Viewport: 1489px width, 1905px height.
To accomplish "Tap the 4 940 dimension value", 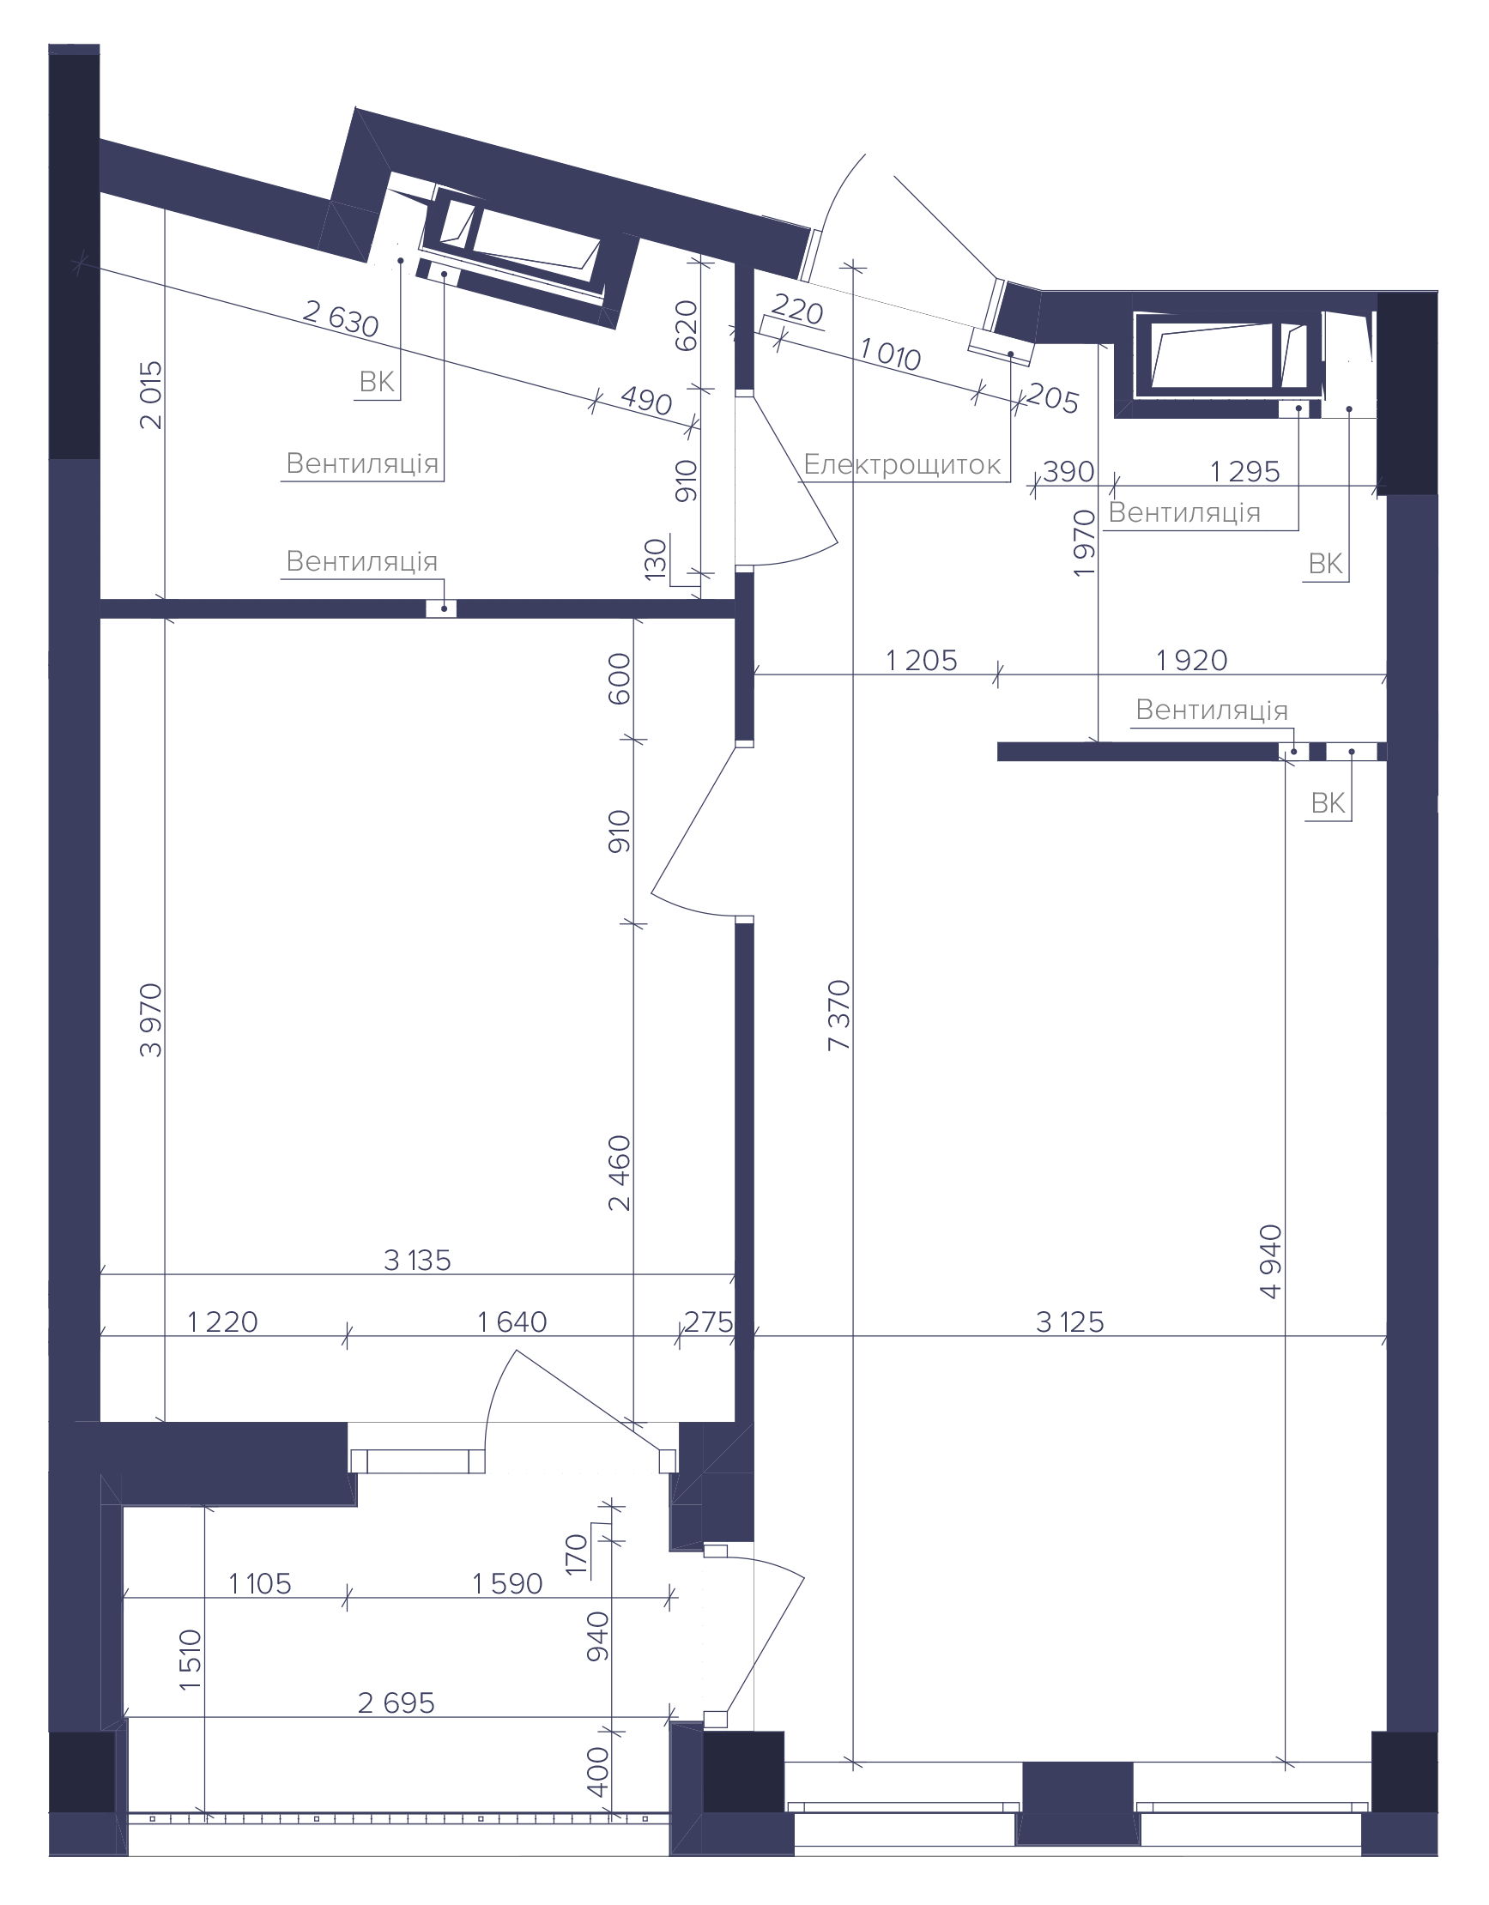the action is pyautogui.click(x=1271, y=1261).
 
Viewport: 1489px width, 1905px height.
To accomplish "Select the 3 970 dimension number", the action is pyautogui.click(x=151, y=1020).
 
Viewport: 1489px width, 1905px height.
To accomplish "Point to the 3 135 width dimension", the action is pyautogui.click(x=417, y=1261).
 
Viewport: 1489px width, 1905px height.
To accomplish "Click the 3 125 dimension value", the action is pyautogui.click(x=1069, y=1322).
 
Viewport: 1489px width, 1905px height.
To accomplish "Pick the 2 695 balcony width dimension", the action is pyautogui.click(x=396, y=1702).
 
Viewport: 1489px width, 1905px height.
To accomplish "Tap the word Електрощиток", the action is pyautogui.click(x=902, y=464).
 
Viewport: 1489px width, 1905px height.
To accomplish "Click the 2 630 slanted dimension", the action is pyautogui.click(x=341, y=318).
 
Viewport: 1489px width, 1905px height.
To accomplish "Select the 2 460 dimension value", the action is pyautogui.click(x=620, y=1173).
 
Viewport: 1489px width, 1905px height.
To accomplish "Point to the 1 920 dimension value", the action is pyautogui.click(x=1191, y=660).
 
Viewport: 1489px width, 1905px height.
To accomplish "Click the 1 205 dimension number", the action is pyautogui.click(x=922, y=660).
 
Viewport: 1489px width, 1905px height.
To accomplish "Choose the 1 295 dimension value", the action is pyautogui.click(x=1244, y=472).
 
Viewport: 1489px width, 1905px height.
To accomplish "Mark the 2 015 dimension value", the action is pyautogui.click(x=151, y=395).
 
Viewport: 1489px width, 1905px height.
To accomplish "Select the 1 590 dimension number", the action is pyautogui.click(x=508, y=1583).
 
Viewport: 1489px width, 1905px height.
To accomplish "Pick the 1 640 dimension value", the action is pyautogui.click(x=512, y=1322).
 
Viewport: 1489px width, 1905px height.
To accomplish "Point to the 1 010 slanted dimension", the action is pyautogui.click(x=891, y=355).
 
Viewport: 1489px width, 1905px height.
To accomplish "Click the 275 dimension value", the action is pyautogui.click(x=708, y=1322).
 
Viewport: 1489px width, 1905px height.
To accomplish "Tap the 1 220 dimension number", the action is pyautogui.click(x=222, y=1322).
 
